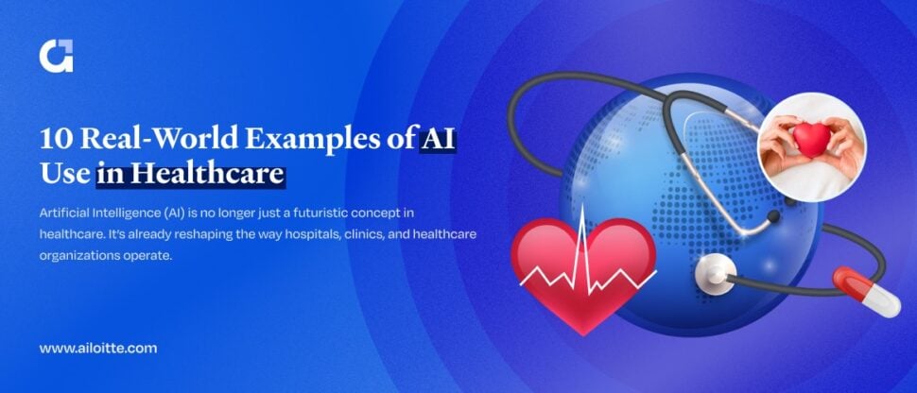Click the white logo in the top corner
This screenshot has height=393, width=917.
[56, 56]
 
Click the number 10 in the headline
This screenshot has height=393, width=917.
[55, 139]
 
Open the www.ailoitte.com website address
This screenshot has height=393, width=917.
[98, 348]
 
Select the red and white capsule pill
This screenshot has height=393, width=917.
[865, 291]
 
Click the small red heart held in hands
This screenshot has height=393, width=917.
[810, 140]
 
